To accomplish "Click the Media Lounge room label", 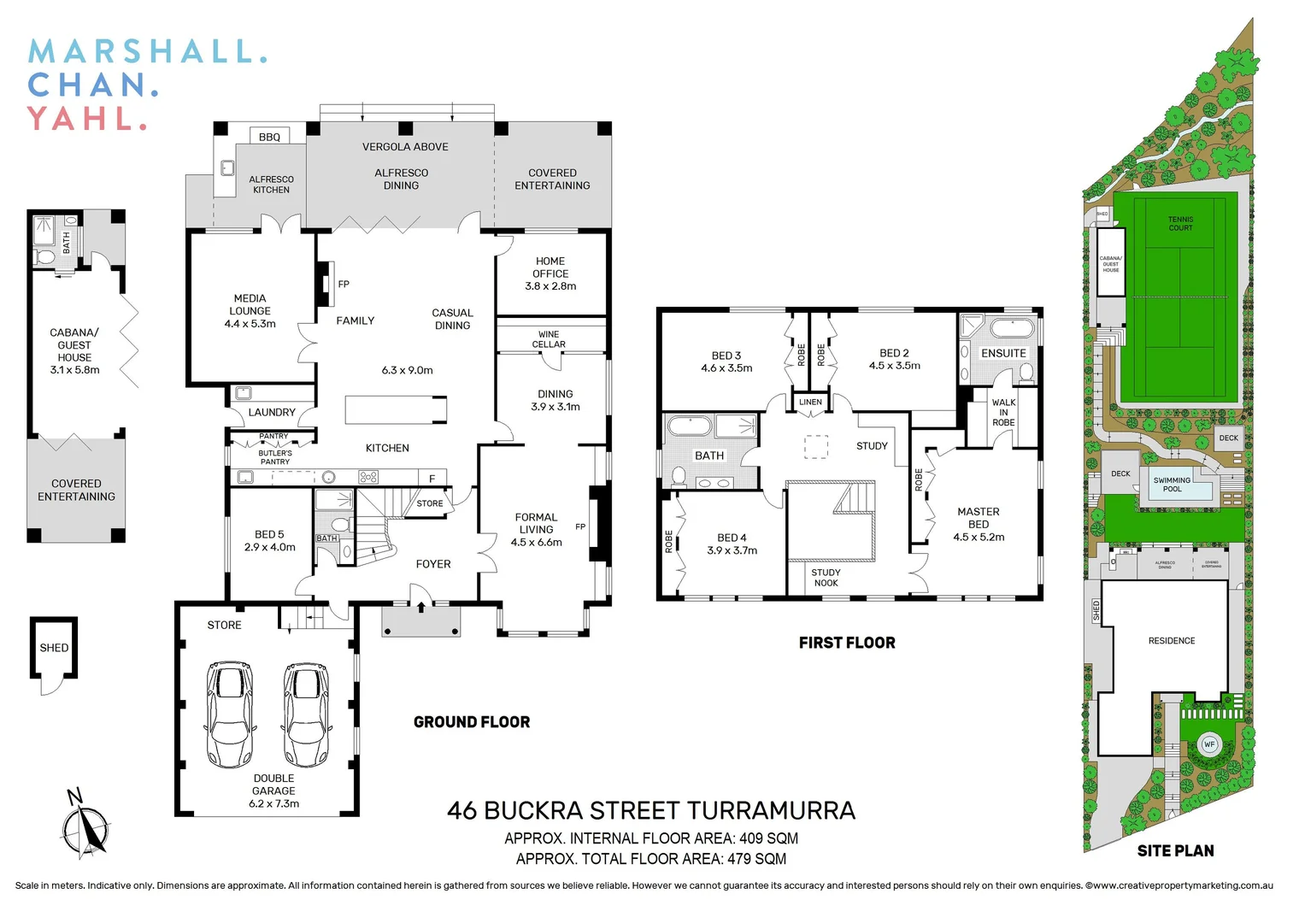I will coord(250,311).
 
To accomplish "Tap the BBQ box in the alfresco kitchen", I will coord(269,137).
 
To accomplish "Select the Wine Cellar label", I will coord(549,339).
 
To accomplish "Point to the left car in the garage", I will coord(229,714).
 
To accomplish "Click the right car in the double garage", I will coord(306,714).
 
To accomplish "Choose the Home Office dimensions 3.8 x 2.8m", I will coord(550,286).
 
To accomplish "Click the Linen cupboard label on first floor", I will coord(810,402).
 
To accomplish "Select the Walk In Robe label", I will coord(1003,412).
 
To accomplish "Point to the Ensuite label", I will coord(1003,353).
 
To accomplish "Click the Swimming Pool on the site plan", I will coord(1172,485).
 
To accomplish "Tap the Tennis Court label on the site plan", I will coord(1180,224).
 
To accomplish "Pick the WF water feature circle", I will coord(1209,744).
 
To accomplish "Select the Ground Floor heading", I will coord(472,722).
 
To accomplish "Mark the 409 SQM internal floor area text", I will coord(768,838).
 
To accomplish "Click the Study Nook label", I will coord(826,578).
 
